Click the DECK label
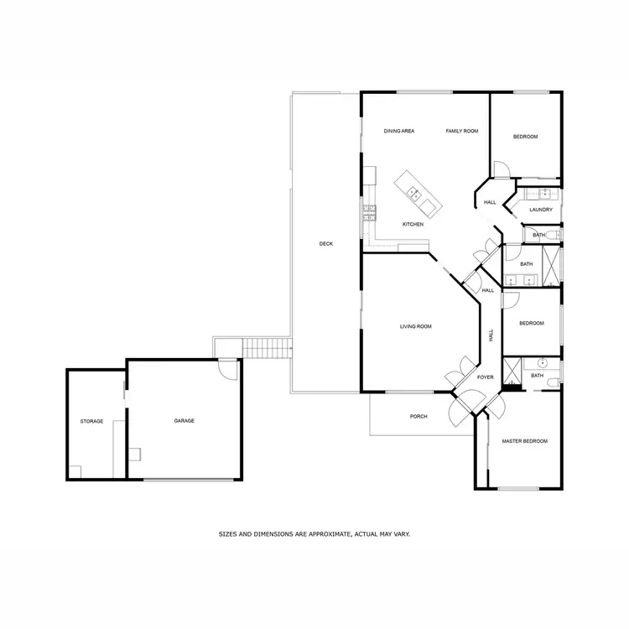(x=326, y=244)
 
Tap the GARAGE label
(x=184, y=421)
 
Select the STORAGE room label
(x=91, y=421)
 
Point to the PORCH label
(x=418, y=417)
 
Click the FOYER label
(x=486, y=377)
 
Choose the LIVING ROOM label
(x=415, y=326)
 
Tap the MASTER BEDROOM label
(x=524, y=441)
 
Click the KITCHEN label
(x=413, y=225)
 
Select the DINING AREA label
(x=399, y=132)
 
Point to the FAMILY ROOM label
(x=461, y=132)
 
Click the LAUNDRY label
(x=541, y=210)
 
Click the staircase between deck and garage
(x=265, y=347)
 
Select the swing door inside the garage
(x=227, y=369)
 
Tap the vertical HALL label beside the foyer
(x=491, y=335)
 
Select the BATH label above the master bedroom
(x=538, y=376)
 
